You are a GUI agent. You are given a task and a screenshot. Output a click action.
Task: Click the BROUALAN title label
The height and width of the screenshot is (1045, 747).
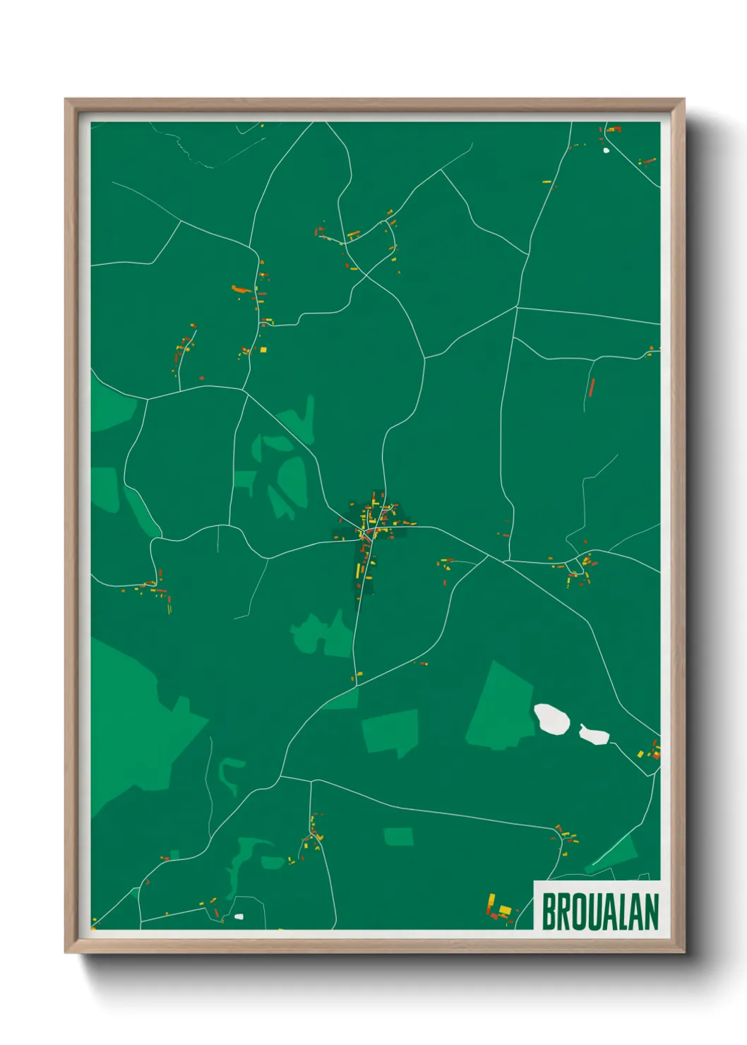coord(599,911)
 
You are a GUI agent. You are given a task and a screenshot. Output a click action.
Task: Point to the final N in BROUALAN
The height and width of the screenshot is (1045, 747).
coord(651,912)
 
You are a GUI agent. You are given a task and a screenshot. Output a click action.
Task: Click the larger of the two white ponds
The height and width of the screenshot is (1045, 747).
coord(552,719)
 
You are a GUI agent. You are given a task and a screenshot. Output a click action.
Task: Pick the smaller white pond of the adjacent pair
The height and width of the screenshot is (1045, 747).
coord(594,735)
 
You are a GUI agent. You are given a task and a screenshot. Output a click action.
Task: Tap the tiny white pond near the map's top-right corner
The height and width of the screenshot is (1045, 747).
coord(606,150)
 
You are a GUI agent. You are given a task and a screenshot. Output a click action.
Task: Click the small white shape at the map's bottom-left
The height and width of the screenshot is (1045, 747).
coord(239,916)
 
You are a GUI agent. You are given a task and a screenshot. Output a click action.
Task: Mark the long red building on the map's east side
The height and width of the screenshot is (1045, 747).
coord(592,387)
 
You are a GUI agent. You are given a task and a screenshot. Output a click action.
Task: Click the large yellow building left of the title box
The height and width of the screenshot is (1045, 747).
coord(504,909)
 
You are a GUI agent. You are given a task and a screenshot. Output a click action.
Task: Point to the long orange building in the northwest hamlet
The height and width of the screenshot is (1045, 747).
coord(241,289)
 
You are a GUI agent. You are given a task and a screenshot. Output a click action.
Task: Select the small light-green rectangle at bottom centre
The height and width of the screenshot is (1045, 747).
coord(399,837)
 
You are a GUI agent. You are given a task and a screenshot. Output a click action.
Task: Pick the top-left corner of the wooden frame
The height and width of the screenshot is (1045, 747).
coord(66,100)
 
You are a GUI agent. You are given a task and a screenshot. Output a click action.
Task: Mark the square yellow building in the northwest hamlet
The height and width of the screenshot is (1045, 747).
coord(263,350)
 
